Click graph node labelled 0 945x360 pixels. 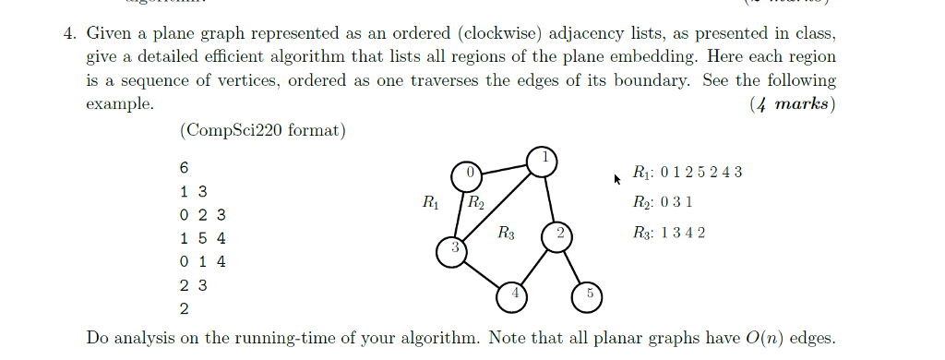click(x=468, y=174)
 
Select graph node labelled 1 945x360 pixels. click(x=542, y=159)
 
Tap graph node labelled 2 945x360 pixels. click(x=558, y=235)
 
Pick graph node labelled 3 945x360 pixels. click(x=452, y=249)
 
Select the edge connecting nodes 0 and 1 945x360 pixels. click(x=505, y=167)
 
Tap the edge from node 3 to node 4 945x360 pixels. click(x=482, y=272)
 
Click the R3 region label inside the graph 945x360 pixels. click(x=506, y=234)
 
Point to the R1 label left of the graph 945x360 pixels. click(x=428, y=200)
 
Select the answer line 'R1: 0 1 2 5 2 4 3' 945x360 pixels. click(x=688, y=173)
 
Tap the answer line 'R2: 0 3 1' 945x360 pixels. click(x=663, y=203)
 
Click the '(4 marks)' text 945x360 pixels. click(x=795, y=104)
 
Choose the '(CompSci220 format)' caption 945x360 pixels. click(x=263, y=131)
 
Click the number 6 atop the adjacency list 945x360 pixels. click(x=184, y=168)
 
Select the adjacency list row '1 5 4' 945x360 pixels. click(x=203, y=238)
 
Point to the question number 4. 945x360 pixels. click(x=69, y=34)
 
